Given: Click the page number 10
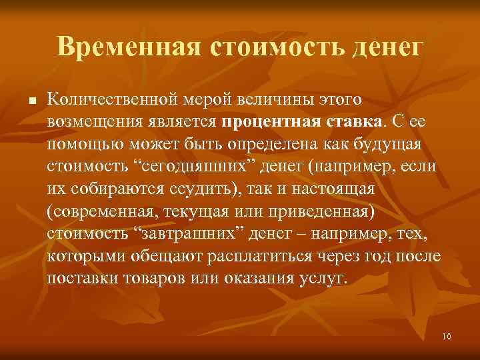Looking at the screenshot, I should coord(446,337).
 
